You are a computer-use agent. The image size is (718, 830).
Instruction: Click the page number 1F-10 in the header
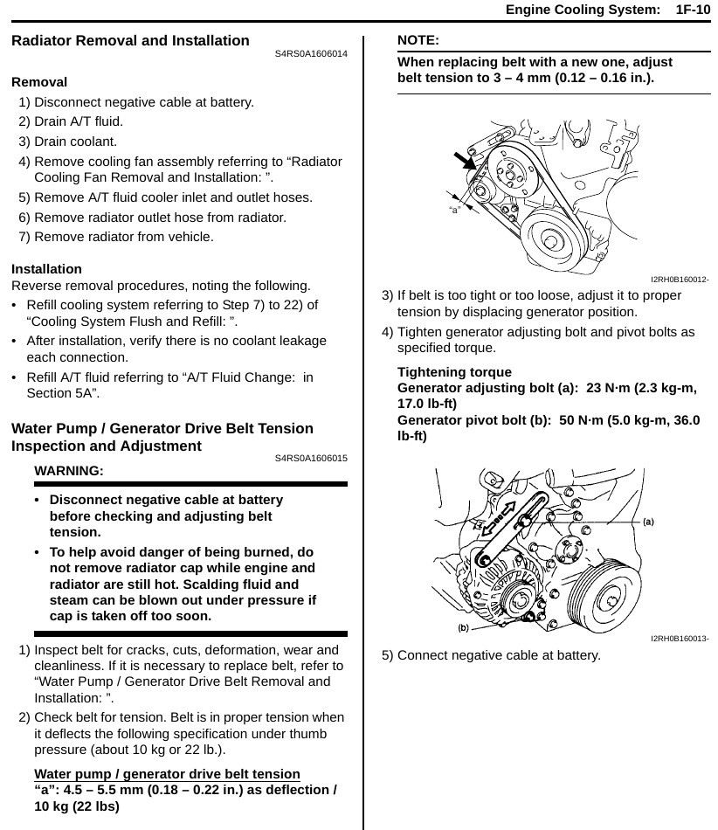coord(693,10)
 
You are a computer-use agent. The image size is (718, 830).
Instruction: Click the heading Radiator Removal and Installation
coord(130,41)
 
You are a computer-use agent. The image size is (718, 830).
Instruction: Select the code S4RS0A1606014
coord(311,54)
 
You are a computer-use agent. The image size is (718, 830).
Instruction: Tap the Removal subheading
coord(39,82)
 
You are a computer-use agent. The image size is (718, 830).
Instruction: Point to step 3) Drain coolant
coord(68,141)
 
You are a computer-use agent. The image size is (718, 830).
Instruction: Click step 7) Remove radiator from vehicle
coord(116,236)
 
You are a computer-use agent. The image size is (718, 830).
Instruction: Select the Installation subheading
coord(46,269)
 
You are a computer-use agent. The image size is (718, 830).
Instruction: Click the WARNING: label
coord(68,471)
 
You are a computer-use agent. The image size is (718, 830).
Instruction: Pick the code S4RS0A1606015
coord(311,459)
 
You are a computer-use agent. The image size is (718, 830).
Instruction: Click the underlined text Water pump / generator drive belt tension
coord(167,774)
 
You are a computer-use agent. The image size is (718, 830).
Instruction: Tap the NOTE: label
coord(418,40)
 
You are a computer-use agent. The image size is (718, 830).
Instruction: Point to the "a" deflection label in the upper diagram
coord(454,211)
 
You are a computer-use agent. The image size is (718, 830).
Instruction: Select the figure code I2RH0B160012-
coord(680,280)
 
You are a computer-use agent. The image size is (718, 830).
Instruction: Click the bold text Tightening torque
coord(454,372)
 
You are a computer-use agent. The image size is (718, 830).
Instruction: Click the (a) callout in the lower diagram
coord(648,522)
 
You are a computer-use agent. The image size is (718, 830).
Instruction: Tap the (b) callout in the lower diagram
coord(463,627)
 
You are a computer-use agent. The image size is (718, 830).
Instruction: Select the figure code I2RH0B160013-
coord(680,639)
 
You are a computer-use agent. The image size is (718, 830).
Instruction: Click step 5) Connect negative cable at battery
coord(491,655)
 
